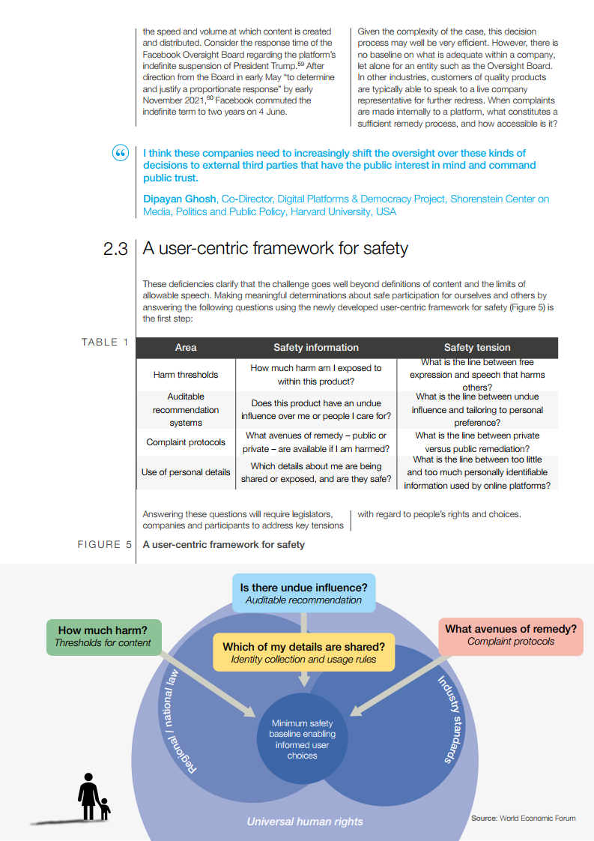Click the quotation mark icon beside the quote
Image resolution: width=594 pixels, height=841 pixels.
[121, 153]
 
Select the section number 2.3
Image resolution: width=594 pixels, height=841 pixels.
[115, 249]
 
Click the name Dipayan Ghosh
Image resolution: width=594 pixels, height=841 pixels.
[180, 199]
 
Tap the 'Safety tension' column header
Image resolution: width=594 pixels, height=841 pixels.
[477, 347]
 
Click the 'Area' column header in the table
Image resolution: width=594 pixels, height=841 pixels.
[186, 347]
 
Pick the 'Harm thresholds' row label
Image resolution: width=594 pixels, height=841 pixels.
[186, 375]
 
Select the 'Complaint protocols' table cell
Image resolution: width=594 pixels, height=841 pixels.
[186, 442]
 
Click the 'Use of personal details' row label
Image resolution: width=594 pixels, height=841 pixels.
[186, 472]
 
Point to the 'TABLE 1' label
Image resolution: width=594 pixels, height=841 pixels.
[105, 343]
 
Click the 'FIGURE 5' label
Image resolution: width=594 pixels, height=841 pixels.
[105, 544]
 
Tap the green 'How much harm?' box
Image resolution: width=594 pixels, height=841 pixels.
[103, 636]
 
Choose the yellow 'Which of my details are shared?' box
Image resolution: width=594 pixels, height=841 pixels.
[303, 652]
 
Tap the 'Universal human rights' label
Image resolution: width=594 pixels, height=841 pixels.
[305, 822]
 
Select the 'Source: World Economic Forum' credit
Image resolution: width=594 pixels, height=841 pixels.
[523, 818]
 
